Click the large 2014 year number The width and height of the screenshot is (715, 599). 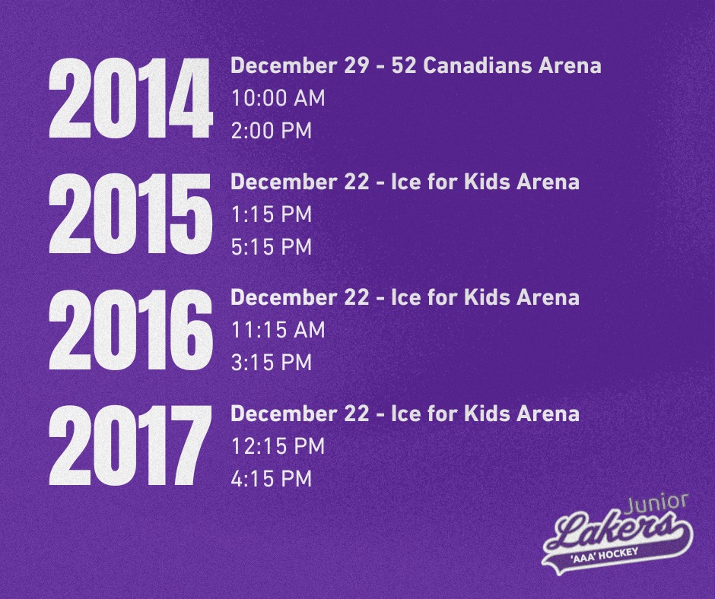(130, 98)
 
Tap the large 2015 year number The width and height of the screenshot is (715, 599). (130, 214)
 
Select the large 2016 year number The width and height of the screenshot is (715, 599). (130, 330)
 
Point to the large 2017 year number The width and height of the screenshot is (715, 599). (130, 445)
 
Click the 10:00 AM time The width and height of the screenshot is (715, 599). (278, 98)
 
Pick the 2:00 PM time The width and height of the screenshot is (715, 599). (272, 131)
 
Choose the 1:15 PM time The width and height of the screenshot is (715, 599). (272, 214)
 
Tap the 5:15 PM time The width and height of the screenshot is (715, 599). (272, 247)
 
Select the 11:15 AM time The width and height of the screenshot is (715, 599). (278, 330)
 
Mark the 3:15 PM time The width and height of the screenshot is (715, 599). (272, 363)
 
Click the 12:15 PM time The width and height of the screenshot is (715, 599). (278, 446)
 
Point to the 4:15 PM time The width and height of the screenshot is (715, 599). (272, 479)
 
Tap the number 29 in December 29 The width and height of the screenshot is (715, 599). (356, 65)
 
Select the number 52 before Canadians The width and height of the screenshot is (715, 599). (404, 65)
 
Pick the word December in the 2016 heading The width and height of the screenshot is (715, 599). (284, 298)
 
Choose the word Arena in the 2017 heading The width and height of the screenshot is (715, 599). (548, 414)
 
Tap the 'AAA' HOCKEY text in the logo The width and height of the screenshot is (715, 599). (604, 555)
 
